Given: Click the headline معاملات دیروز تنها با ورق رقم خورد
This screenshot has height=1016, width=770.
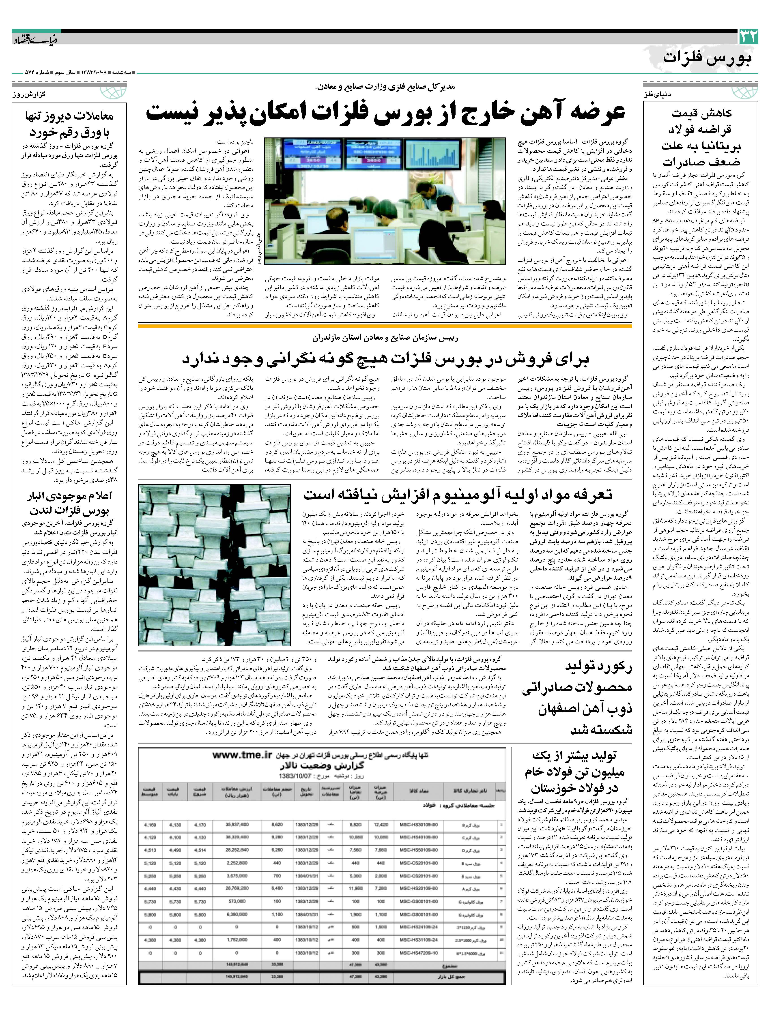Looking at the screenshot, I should pyautogui.click(x=69, y=124).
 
